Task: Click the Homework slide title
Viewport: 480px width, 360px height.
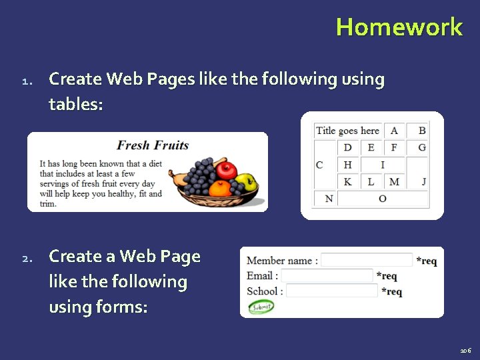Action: click(399, 27)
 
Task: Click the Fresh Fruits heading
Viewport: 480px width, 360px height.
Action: click(153, 145)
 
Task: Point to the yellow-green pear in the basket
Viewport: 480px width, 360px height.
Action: click(245, 181)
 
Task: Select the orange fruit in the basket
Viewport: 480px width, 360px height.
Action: click(219, 189)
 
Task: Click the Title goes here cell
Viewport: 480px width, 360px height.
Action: click(347, 131)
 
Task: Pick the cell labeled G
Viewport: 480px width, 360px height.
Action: click(421, 147)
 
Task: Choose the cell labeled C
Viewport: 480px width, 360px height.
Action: click(319, 165)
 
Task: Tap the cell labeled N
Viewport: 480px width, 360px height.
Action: click(329, 199)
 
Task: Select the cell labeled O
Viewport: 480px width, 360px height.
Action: click(382, 199)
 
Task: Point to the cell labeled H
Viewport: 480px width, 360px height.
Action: click(347, 165)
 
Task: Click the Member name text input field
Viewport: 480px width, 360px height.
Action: click(367, 260)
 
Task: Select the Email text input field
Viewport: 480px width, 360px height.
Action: click(327, 275)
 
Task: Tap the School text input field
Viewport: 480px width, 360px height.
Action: click(331, 291)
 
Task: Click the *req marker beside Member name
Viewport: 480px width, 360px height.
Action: click(427, 261)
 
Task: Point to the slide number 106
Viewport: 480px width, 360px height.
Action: click(465, 350)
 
